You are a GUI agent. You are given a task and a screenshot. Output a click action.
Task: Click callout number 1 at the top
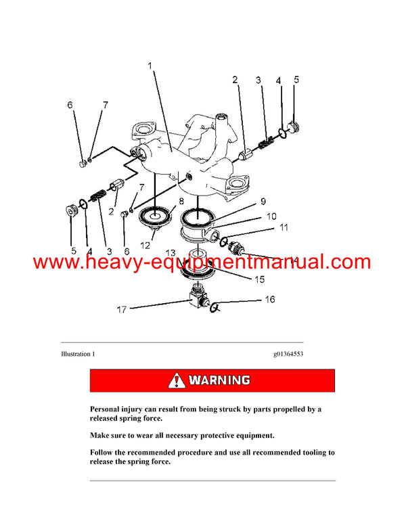(150, 67)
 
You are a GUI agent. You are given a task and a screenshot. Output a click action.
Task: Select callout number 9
(263, 201)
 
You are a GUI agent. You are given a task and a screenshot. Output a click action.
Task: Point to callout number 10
(271, 217)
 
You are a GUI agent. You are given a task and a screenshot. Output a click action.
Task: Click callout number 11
(284, 229)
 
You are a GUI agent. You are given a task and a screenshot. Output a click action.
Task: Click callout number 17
(122, 311)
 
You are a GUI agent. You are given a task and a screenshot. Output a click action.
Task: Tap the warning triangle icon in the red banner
(177, 380)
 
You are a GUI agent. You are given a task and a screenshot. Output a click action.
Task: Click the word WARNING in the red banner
(219, 380)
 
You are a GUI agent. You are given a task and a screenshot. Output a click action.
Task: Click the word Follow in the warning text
(104, 452)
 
